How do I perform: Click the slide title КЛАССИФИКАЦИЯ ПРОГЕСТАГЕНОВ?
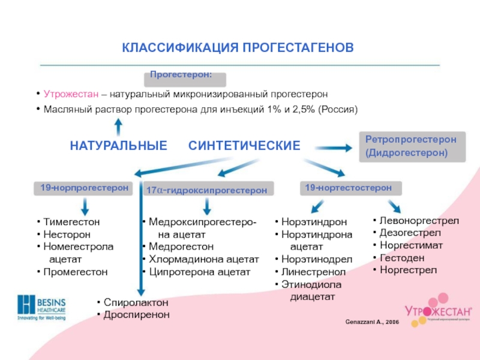click(x=238, y=47)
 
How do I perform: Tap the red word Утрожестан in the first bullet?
click(x=71, y=95)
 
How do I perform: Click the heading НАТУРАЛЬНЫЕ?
click(x=119, y=146)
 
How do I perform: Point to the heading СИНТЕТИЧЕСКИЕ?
click(x=244, y=146)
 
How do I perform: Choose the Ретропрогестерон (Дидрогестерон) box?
click(x=412, y=146)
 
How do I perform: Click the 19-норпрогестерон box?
click(x=85, y=188)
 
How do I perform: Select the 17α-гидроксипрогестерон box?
click(x=207, y=190)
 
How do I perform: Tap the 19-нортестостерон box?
click(x=349, y=188)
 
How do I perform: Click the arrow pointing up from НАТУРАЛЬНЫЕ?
click(x=119, y=127)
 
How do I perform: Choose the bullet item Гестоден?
click(x=402, y=258)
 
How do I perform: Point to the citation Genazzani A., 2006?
click(x=372, y=323)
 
